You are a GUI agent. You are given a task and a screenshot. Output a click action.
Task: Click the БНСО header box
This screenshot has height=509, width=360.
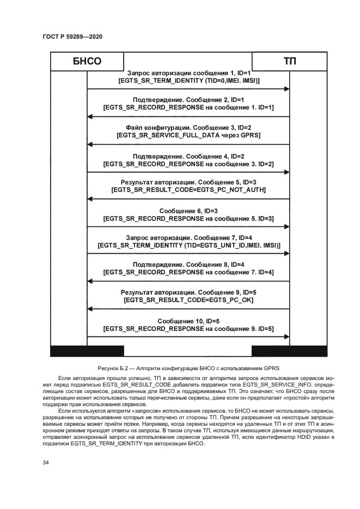click(87, 62)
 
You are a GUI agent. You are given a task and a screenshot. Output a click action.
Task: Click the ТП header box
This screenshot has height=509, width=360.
click(289, 62)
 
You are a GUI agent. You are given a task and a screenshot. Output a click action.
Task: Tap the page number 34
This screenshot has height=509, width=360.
click(46, 462)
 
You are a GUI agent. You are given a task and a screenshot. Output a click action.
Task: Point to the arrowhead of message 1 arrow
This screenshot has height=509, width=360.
click(286, 89)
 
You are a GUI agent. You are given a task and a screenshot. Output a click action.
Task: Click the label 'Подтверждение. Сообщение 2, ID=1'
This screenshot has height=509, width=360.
click(188, 100)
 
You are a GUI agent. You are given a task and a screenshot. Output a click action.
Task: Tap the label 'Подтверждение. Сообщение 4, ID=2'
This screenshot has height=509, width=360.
click(188, 155)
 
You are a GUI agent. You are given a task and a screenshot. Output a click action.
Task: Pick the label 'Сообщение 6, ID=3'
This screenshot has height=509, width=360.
click(188, 211)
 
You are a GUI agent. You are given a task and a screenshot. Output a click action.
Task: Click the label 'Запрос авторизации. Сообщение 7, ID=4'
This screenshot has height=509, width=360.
click(188, 238)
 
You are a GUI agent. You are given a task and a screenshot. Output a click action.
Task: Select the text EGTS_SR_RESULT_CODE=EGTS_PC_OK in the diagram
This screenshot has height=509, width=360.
click(188, 300)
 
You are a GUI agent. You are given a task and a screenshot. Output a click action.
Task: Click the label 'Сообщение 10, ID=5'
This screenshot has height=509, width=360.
click(188, 320)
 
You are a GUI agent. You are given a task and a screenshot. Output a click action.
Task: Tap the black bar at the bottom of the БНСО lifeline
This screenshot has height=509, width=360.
click(87, 351)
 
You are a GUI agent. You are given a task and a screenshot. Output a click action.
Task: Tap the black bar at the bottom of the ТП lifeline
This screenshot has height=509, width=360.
click(289, 351)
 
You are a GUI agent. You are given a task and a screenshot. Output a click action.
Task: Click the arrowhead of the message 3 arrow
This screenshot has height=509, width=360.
click(90, 144)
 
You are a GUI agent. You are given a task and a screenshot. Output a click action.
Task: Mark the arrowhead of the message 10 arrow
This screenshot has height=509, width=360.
click(286, 338)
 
